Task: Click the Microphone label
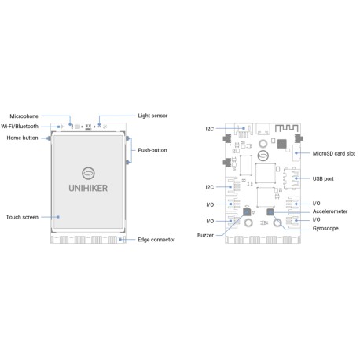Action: (23, 115)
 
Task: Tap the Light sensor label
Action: (152, 115)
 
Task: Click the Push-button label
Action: (152, 149)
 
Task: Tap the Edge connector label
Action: (156, 239)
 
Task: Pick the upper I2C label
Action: (209, 129)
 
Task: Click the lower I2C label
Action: (209, 187)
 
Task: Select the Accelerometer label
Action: (331, 211)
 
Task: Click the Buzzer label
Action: (206, 235)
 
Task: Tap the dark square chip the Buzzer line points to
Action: (248, 212)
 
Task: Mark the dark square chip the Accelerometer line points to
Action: (270, 212)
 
